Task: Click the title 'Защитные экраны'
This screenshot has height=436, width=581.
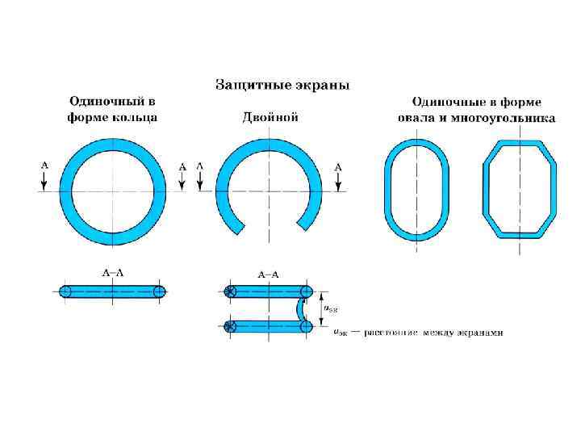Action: (x=282, y=84)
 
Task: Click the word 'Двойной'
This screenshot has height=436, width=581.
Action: (x=270, y=117)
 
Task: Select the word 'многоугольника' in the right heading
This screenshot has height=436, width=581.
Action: (x=508, y=117)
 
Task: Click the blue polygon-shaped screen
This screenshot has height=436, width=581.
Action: (x=487, y=191)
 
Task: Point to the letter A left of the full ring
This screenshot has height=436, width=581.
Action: (x=44, y=166)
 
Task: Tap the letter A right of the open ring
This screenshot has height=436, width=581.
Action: (x=338, y=166)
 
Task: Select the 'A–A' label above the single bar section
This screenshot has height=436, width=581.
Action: (x=112, y=273)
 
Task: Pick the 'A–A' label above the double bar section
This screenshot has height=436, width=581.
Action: (x=268, y=275)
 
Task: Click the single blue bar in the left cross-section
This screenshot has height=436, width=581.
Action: (x=112, y=291)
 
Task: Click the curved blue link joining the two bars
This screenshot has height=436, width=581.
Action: (x=301, y=309)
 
